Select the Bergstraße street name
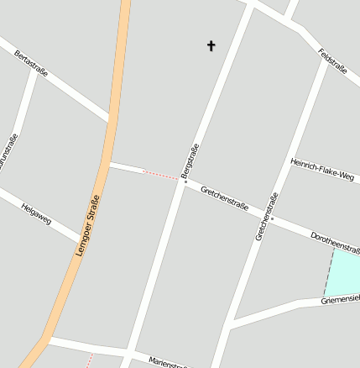coord(190,160)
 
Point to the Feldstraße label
coord(332,61)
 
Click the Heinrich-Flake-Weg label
coord(322,169)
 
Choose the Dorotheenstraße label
coord(336,242)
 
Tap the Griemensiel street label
coord(341,298)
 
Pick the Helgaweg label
coord(36,213)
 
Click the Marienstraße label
coord(168,362)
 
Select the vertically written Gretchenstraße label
coord(265,216)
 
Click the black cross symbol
coord(211,45)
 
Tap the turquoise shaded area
coord(344,273)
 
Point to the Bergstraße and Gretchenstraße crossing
coord(182,180)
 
